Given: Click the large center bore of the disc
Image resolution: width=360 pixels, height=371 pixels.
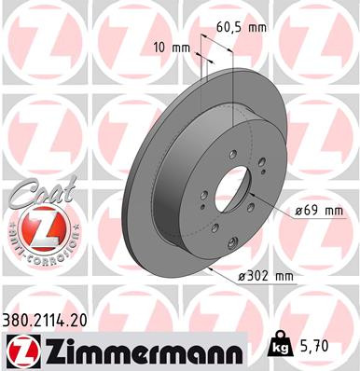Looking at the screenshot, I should point(227,185).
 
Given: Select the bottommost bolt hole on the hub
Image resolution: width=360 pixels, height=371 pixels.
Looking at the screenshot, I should point(215,227).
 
